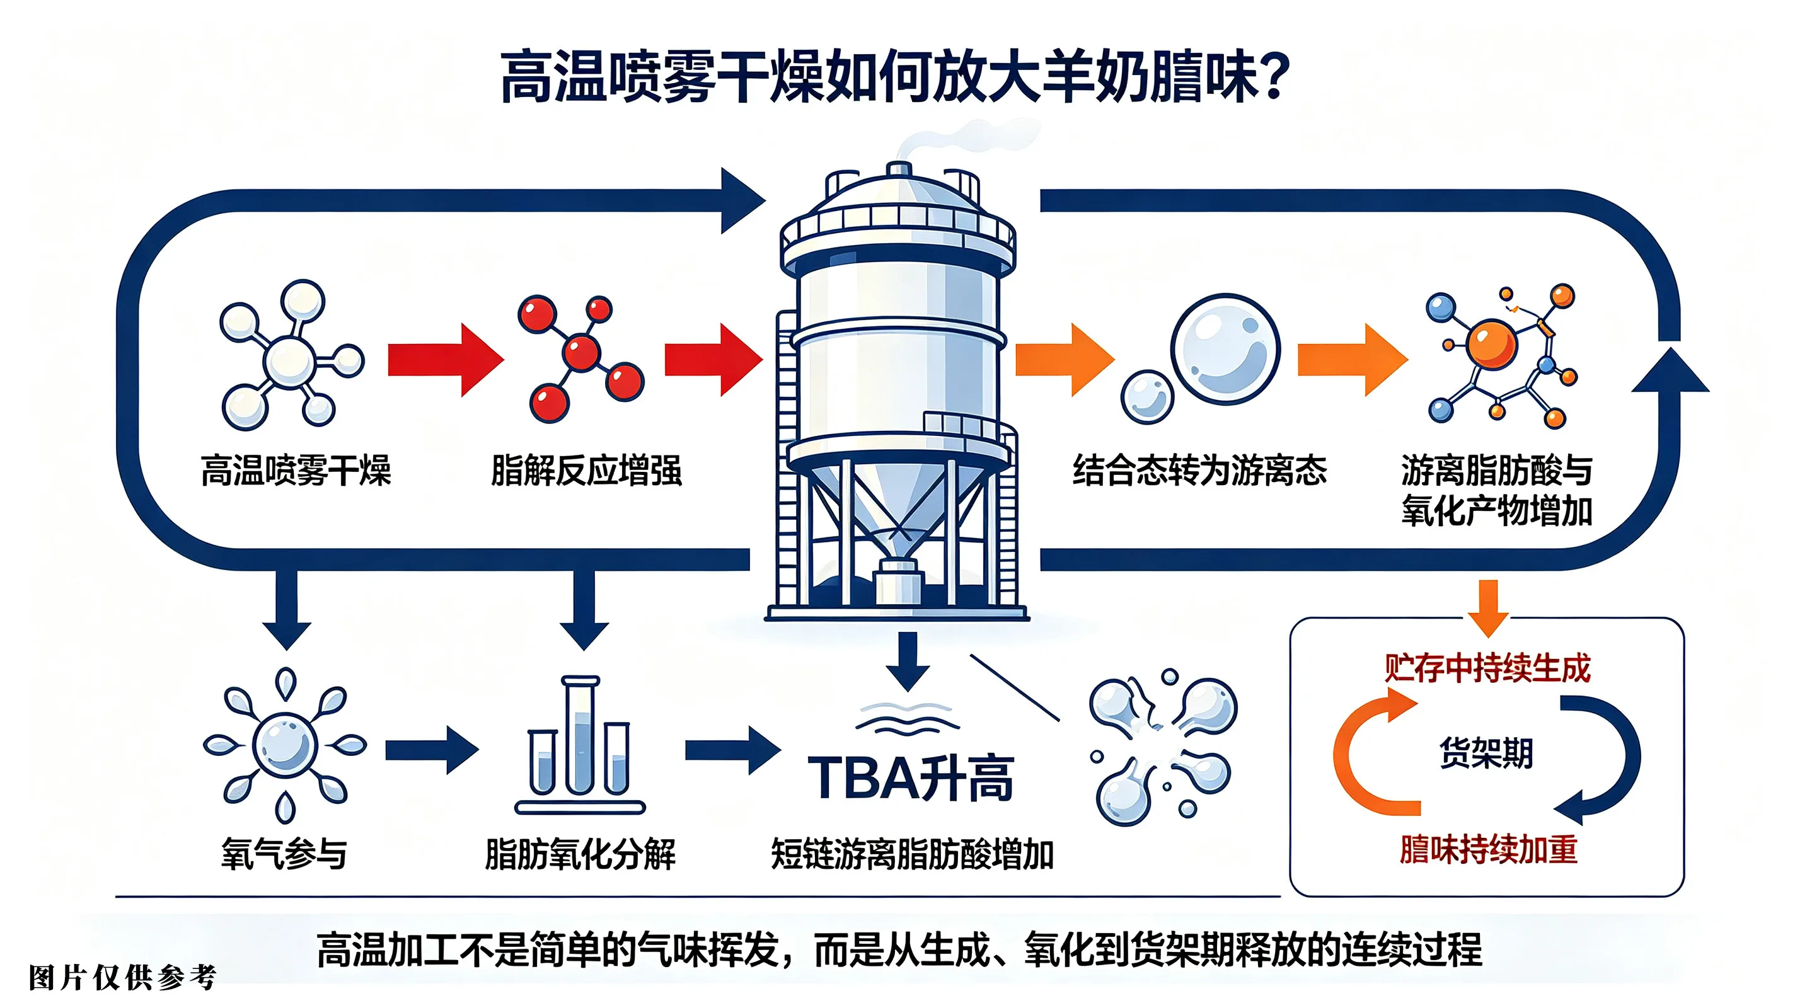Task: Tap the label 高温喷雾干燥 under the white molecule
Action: pyautogui.click(x=296, y=470)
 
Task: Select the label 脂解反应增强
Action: pyautogui.click(x=586, y=470)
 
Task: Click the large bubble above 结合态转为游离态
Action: pyautogui.click(x=1226, y=348)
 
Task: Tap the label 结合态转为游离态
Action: pyautogui.click(x=1200, y=470)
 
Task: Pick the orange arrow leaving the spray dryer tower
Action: pyautogui.click(x=1065, y=360)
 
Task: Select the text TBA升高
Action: pyautogui.click(x=911, y=778)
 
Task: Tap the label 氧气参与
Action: pyautogui.click(x=284, y=854)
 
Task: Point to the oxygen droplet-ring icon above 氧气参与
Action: pyautogui.click(x=284, y=745)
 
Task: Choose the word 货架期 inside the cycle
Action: pyautogui.click(x=1486, y=753)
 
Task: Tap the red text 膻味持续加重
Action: pyautogui.click(x=1489, y=849)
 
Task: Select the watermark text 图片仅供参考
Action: pyautogui.click(x=123, y=978)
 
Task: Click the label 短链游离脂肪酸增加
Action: pyautogui.click(x=912, y=854)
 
